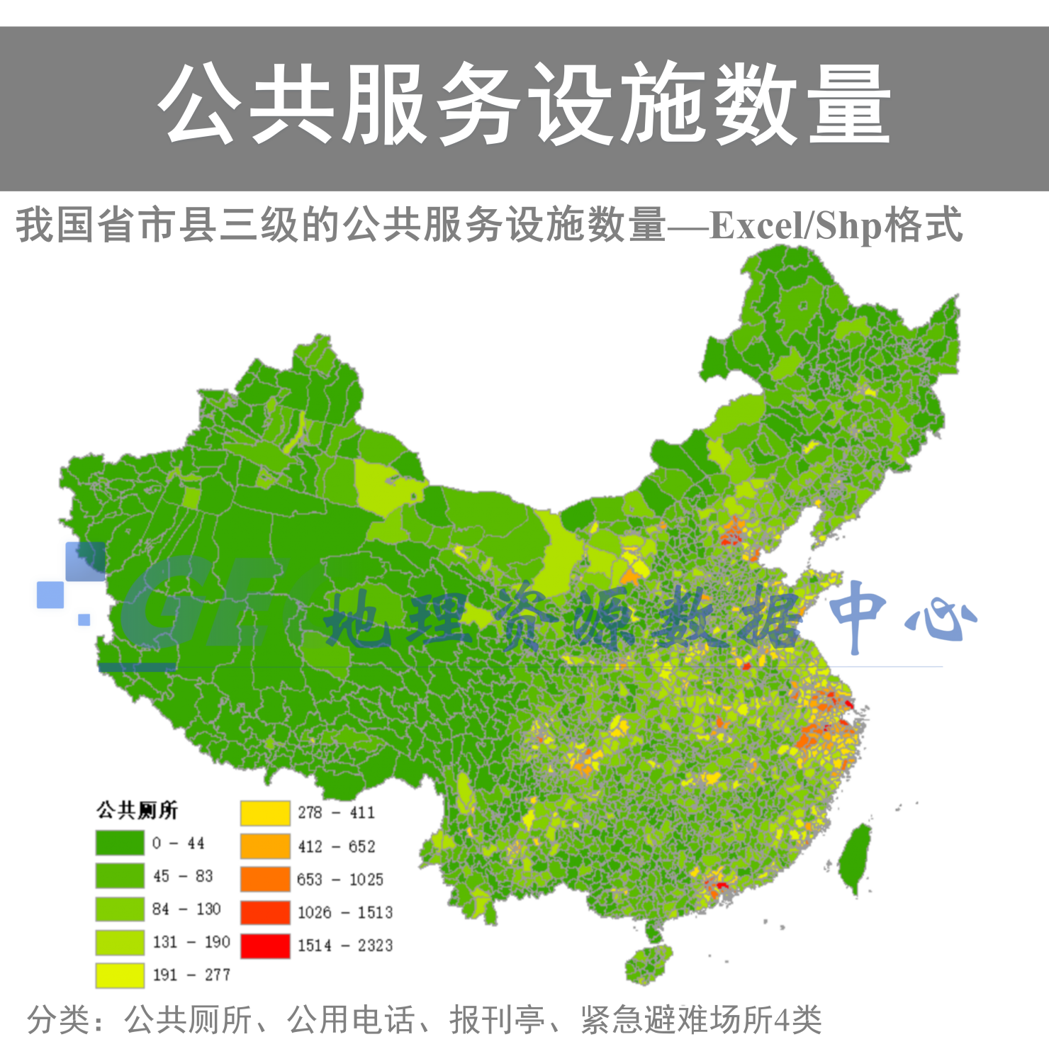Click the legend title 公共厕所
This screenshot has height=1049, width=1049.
[x=137, y=809]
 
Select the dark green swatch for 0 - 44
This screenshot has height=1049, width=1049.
[x=120, y=843]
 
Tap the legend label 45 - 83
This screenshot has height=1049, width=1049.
[x=183, y=876]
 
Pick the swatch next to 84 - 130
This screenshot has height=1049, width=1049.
[x=120, y=909]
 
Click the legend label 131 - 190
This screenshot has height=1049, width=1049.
[x=191, y=942]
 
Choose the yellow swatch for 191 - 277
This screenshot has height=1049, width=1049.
[x=120, y=975]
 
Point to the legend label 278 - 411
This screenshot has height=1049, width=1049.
[x=336, y=813]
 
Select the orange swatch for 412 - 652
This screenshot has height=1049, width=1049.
[x=265, y=846]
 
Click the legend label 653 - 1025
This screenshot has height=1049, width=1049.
[x=340, y=880]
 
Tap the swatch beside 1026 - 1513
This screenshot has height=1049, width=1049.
[x=265, y=912]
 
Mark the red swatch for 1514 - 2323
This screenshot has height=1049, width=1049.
[x=265, y=946]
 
